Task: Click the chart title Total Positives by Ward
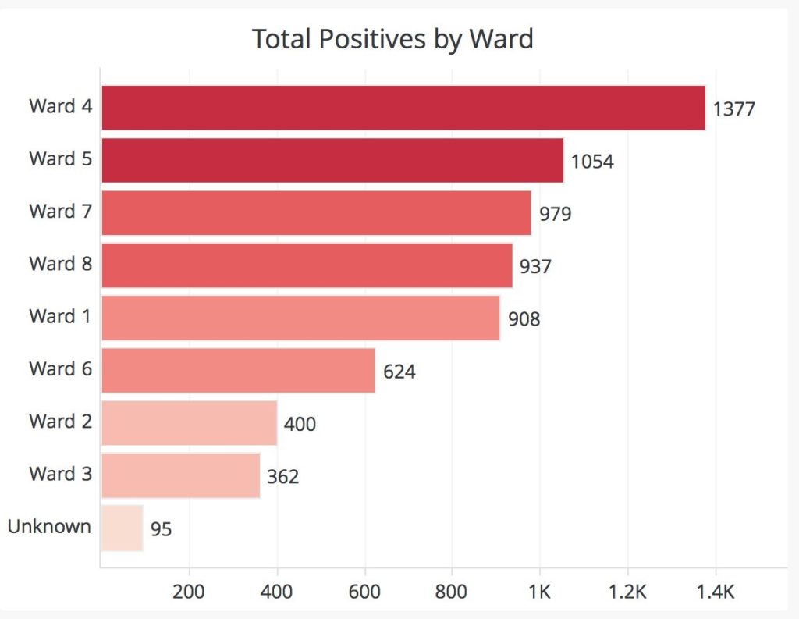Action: click(x=393, y=39)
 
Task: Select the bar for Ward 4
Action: click(x=403, y=108)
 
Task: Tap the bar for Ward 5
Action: click(x=332, y=160)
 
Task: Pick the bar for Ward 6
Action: click(x=239, y=371)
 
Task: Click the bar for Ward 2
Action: click(x=190, y=423)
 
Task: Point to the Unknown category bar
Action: click(x=123, y=528)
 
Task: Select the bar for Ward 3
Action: click(x=181, y=475)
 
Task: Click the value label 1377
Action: click(x=733, y=109)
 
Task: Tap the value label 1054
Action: click(x=592, y=162)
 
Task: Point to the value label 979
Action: click(x=556, y=214)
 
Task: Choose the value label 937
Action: click(x=535, y=267)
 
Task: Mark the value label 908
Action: click(x=524, y=319)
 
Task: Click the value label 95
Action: click(x=161, y=529)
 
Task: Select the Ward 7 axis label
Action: click(x=61, y=211)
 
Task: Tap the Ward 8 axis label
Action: click(x=61, y=264)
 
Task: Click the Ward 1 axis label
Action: click(x=60, y=316)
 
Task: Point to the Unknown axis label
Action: click(x=49, y=526)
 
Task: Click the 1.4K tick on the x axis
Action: click(x=716, y=592)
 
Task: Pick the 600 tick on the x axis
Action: click(x=364, y=592)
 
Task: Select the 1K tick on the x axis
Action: click(x=540, y=592)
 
